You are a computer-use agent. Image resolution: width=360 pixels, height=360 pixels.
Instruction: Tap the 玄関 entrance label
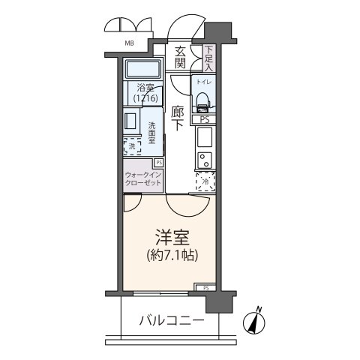(x=180, y=58)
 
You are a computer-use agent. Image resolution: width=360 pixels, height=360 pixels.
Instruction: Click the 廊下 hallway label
(x=178, y=118)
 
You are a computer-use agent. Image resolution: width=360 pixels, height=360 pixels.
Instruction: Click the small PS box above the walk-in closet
(x=159, y=162)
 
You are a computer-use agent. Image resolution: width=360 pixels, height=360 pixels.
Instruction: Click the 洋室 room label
(x=172, y=237)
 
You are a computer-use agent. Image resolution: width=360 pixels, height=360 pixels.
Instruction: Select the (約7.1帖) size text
(x=172, y=256)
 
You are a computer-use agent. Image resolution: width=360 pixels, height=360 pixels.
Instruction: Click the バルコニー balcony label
(x=171, y=320)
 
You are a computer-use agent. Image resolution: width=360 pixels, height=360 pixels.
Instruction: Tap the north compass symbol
(x=255, y=321)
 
